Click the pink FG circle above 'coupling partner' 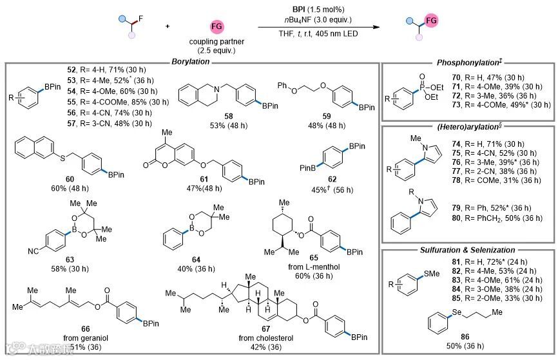coord(218,27)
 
